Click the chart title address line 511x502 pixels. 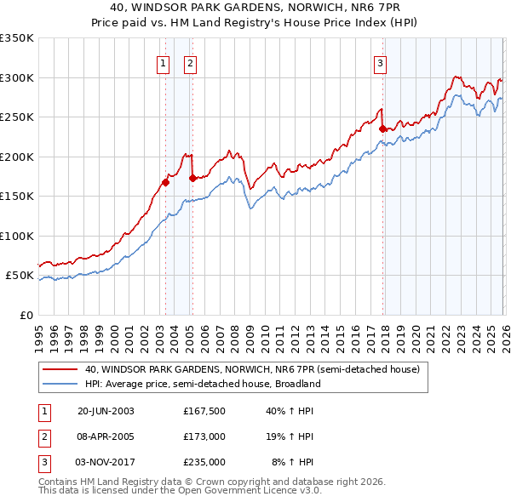click(255, 6)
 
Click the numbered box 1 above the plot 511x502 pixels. click(162, 62)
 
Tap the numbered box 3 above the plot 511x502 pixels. click(380, 62)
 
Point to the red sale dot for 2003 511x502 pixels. click(166, 181)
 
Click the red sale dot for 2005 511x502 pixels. click(192, 178)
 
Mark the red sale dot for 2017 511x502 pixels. click(382, 128)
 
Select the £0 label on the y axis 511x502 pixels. click(25, 315)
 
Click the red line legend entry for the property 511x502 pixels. click(252, 370)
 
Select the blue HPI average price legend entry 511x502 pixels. click(201, 384)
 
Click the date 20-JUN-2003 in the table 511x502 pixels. click(106, 411)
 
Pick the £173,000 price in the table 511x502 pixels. click(204, 436)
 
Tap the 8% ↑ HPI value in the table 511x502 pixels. click(292, 462)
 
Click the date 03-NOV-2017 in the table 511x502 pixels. click(106, 462)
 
